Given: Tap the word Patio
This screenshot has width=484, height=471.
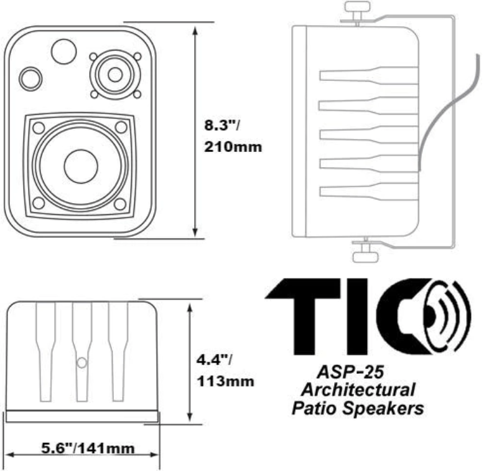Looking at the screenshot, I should tap(316, 409).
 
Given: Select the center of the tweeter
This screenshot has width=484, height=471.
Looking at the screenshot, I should tap(115, 74).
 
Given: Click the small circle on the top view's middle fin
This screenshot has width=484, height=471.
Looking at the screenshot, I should tap(81, 362).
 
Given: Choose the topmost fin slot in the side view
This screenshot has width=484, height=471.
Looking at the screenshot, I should tap(367, 76).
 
